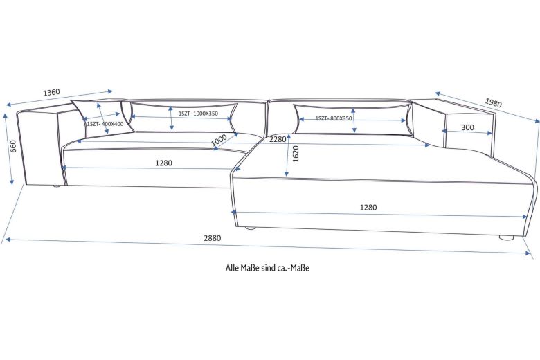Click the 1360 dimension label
pyautogui.click(x=51, y=92)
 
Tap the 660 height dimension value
pyautogui.click(x=13, y=147)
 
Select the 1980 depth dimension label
pyautogui.click(x=493, y=103)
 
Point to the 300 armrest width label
pyautogui.click(x=467, y=127)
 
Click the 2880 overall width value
pyautogui.click(x=212, y=237)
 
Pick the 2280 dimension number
pyautogui.click(x=278, y=139)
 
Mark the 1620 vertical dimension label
pyautogui.click(x=296, y=154)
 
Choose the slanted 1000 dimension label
pyautogui.click(x=219, y=139)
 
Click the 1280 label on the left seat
pyautogui.click(x=164, y=163)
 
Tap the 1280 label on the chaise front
pyautogui.click(x=368, y=207)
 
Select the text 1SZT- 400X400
pyautogui.click(x=105, y=124)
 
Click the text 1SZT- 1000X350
pyautogui.click(x=198, y=114)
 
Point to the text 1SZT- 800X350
pyautogui.click(x=334, y=118)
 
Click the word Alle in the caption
pyautogui.click(x=233, y=267)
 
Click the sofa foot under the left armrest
pyautogui.click(x=56, y=186)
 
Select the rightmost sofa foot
pyautogui.click(x=507, y=237)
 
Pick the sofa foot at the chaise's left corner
pyautogui.click(x=251, y=227)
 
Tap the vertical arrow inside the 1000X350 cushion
pyautogui.click(x=171, y=118)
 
